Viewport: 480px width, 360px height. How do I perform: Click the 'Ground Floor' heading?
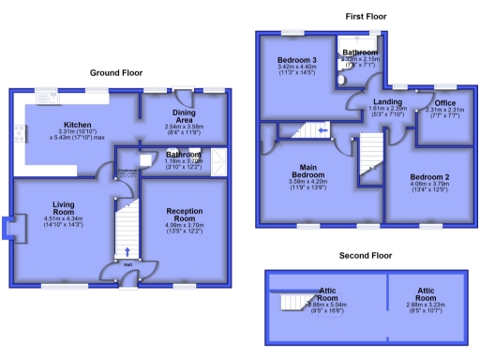coord(116,72)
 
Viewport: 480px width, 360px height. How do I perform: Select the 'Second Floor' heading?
coord(365,255)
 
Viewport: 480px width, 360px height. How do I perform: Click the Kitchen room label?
coord(76,124)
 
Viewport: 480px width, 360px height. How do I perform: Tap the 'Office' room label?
coord(444,103)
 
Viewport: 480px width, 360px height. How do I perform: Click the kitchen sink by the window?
coord(45,96)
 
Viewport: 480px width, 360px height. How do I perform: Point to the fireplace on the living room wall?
coord(9,231)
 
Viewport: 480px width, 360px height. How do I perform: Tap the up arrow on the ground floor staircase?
coord(127,252)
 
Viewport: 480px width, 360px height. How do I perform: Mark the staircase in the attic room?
coord(292,303)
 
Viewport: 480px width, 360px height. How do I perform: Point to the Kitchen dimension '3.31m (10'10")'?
coord(78,131)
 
